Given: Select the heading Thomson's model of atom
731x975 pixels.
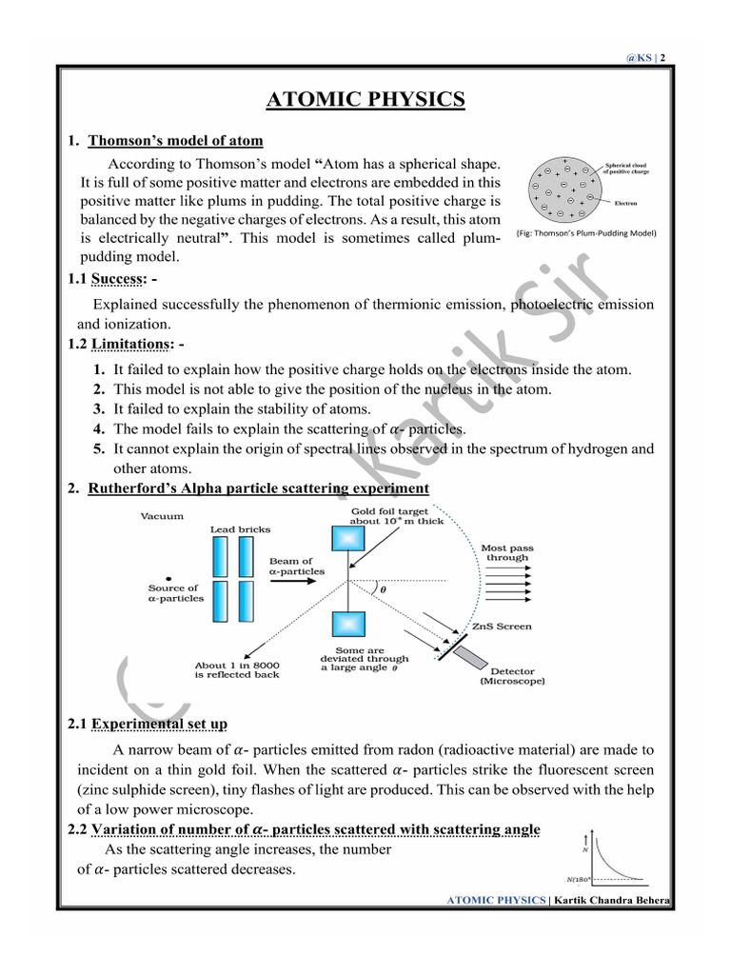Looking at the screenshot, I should point(175,141).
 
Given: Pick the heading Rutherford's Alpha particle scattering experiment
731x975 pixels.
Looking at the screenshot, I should point(258,488).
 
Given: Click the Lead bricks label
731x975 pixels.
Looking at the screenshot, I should point(240,529).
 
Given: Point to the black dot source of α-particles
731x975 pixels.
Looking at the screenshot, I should point(168,578).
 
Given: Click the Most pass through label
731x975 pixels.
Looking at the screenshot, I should point(507,552).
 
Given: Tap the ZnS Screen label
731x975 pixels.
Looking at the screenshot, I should point(502,627).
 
